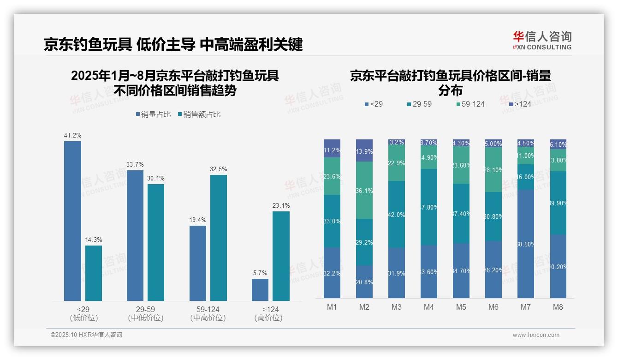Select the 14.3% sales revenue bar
point(94,273)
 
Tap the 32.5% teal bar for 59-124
point(219,238)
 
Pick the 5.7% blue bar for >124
point(260,289)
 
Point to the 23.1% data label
point(281,206)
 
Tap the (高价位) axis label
point(268,318)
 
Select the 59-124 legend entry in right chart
point(470,104)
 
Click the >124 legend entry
point(519,104)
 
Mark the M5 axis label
point(461,307)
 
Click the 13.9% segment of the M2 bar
point(364,150)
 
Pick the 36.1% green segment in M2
point(364,190)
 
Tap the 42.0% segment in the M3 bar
point(397,214)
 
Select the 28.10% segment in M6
point(493,169)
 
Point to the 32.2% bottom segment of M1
point(332,272)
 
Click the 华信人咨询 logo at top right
point(542,40)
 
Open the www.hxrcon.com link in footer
point(536,335)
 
